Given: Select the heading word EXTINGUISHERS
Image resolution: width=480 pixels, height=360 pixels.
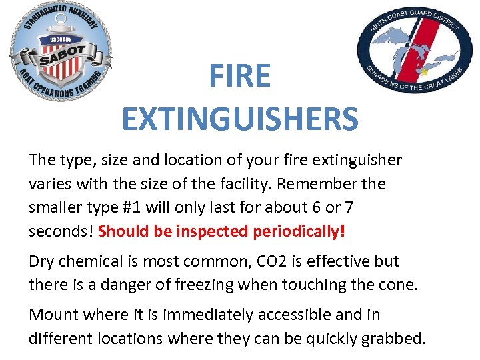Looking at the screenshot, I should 240,119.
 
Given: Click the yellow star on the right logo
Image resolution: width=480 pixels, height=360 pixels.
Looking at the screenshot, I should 423,70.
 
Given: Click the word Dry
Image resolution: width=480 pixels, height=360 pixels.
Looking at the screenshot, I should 42,261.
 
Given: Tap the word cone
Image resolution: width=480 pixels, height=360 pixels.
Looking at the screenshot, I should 397,285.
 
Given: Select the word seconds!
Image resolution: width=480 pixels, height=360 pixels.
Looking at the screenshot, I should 61,231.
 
